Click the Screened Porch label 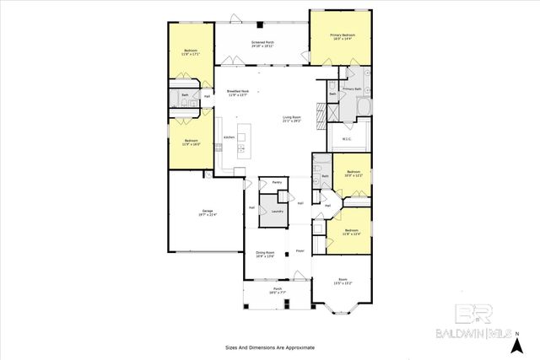(x=263, y=43)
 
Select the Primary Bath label (x=352, y=89)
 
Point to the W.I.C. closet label (x=346, y=139)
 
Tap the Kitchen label (x=228, y=137)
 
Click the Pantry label (x=275, y=181)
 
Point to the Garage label (x=207, y=212)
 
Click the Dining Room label (x=265, y=255)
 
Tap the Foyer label (x=299, y=251)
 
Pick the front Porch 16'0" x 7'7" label (x=278, y=292)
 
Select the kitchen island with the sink (x=245, y=142)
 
